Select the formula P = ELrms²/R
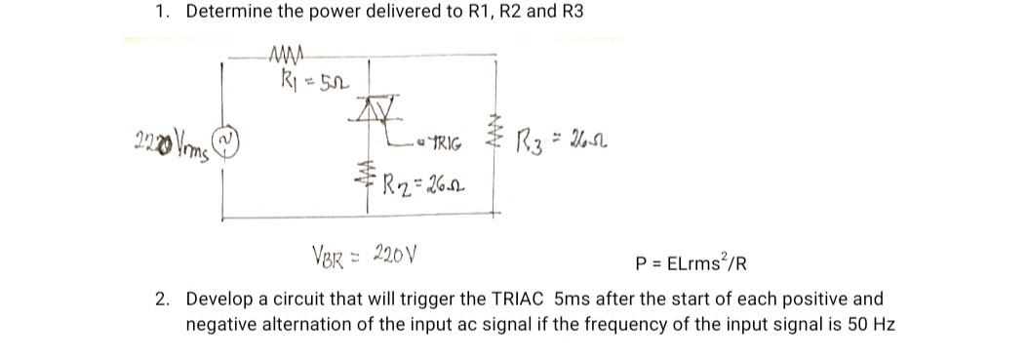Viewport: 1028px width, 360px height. click(691, 263)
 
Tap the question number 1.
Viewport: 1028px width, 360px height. click(160, 13)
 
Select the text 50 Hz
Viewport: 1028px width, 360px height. click(872, 322)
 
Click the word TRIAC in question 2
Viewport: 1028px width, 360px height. click(522, 299)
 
